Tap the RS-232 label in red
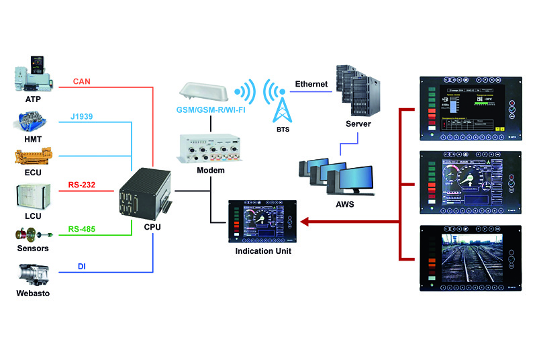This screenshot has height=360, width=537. click(81, 185)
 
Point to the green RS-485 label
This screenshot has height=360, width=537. click(82, 229)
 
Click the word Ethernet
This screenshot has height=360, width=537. click(311, 84)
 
